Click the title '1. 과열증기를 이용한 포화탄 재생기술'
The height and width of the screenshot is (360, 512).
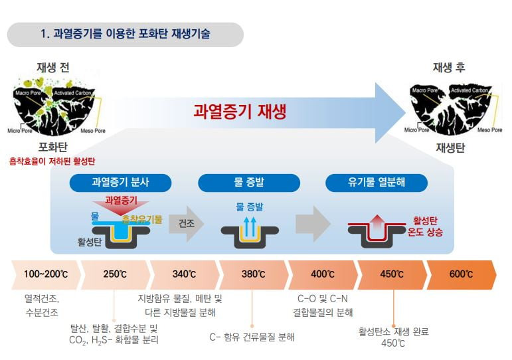pos(126,34)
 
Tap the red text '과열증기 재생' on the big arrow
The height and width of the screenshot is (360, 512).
pos(240,111)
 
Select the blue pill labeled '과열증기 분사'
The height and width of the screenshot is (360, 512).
pos(121,183)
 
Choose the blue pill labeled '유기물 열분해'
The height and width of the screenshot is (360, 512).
pos(376,183)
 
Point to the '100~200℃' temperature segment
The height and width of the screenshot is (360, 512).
pos(44,274)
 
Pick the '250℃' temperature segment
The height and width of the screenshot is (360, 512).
pos(115,274)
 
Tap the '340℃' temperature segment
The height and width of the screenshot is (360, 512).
pos(184,274)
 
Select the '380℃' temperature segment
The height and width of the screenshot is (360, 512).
pos(253,274)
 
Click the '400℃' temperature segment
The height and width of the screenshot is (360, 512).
pos(323,274)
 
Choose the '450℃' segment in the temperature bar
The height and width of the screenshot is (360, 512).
pos(392,274)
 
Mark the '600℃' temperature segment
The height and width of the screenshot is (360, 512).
pos(461,274)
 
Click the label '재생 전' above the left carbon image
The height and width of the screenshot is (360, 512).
pos(52,67)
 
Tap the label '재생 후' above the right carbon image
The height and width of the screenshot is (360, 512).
pos(449,67)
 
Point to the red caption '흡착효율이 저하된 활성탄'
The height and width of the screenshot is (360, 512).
pos(52,161)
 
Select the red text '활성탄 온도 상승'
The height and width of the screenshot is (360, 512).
pos(428,226)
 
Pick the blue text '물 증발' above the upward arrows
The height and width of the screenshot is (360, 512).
pos(249,207)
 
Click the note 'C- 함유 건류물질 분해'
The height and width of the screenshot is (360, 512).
pos(252,337)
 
